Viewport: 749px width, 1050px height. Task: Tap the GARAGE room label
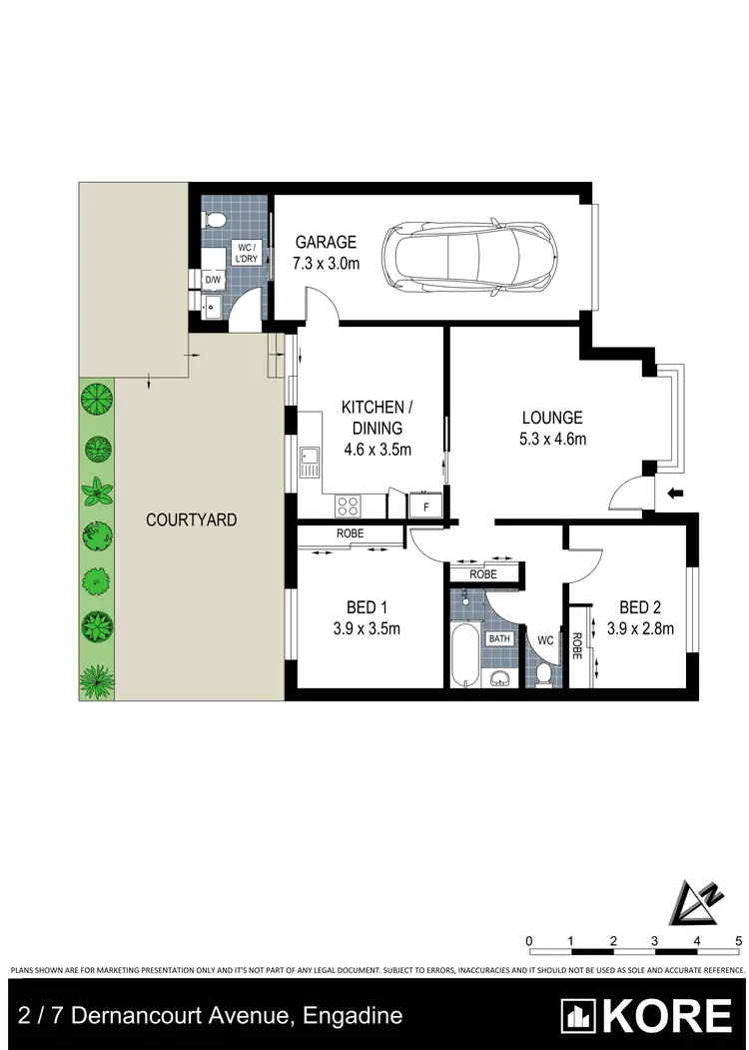click(326, 243)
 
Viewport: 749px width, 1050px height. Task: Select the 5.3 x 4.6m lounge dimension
click(550, 439)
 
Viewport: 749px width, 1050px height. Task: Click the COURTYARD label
click(192, 520)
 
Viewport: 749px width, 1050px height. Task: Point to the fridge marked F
click(426, 507)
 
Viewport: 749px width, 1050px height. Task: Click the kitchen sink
click(309, 461)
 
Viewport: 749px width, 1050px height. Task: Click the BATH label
click(499, 637)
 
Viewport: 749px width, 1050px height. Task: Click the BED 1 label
click(362, 607)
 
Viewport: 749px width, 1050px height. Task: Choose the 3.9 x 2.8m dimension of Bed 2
click(640, 629)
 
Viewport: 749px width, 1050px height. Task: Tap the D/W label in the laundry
click(213, 281)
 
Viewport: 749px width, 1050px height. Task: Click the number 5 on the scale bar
click(738, 940)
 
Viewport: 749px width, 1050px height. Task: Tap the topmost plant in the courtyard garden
click(97, 401)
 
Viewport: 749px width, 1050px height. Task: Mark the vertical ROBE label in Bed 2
click(577, 648)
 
